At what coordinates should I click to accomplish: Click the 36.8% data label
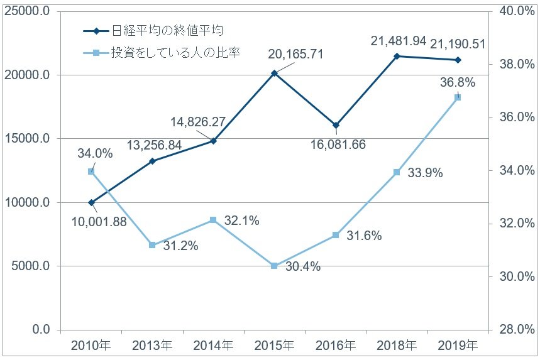click(457, 82)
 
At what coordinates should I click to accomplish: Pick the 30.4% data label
click(303, 266)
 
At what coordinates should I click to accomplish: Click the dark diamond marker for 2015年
click(274, 74)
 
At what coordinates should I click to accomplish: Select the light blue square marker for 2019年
click(458, 97)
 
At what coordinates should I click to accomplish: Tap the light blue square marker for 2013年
click(152, 245)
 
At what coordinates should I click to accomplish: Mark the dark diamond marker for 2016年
click(336, 125)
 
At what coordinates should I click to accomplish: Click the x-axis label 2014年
click(213, 345)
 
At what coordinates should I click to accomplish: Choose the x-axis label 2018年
click(397, 345)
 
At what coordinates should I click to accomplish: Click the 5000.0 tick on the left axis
click(31, 266)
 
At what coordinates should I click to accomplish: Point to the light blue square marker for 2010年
click(91, 172)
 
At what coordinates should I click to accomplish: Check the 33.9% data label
click(425, 173)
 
